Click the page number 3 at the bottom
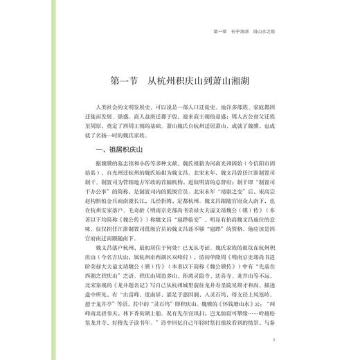(275, 339)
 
